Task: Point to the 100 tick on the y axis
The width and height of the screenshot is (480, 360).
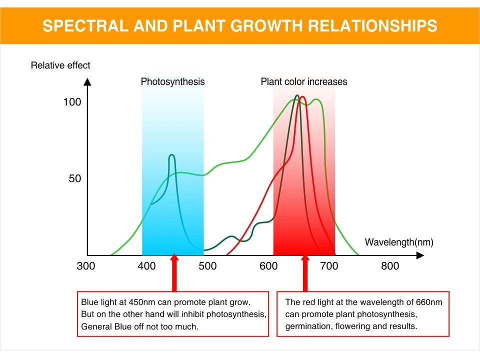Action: click(x=72, y=102)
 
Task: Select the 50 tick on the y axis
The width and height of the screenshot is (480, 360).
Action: click(x=74, y=178)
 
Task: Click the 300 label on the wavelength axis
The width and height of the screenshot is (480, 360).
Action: click(x=85, y=266)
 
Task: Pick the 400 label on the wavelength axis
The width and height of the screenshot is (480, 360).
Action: click(x=146, y=266)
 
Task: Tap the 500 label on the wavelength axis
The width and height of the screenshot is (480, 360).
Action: click(x=207, y=266)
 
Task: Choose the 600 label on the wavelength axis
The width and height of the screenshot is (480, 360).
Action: click(x=268, y=266)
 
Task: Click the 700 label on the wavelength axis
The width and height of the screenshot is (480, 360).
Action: click(x=329, y=266)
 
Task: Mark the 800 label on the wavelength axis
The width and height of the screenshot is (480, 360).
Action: click(x=390, y=266)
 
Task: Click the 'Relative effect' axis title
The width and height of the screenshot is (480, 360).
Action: click(x=60, y=65)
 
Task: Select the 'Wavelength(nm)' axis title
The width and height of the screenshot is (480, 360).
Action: click(x=399, y=242)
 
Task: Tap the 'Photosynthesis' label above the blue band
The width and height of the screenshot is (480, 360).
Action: click(x=172, y=81)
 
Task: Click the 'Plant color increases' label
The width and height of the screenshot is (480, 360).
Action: click(x=304, y=81)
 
